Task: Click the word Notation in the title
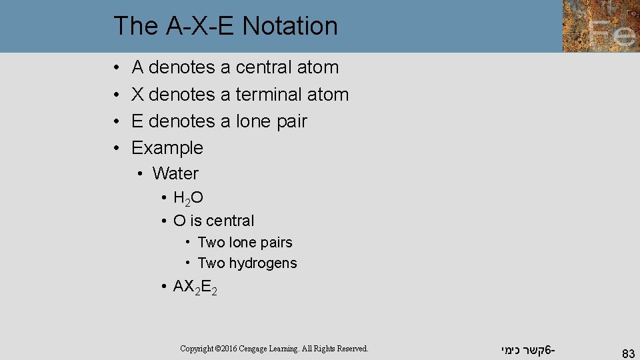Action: pyautogui.click(x=290, y=26)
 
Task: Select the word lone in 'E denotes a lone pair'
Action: pyautogui.click(x=251, y=121)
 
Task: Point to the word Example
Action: pyautogui.click(x=167, y=148)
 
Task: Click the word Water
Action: pyautogui.click(x=175, y=174)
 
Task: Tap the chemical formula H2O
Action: pyautogui.click(x=188, y=198)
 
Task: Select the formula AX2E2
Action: pyautogui.click(x=195, y=287)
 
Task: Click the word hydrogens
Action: pyautogui.click(x=263, y=263)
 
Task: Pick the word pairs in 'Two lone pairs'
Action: pyautogui.click(x=276, y=243)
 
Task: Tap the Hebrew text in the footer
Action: pyautogui.click(x=527, y=349)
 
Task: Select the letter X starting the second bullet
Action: pyautogui.click(x=138, y=95)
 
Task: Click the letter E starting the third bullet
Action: pyautogui.click(x=137, y=121)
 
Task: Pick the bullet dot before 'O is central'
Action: pyautogui.click(x=163, y=221)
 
